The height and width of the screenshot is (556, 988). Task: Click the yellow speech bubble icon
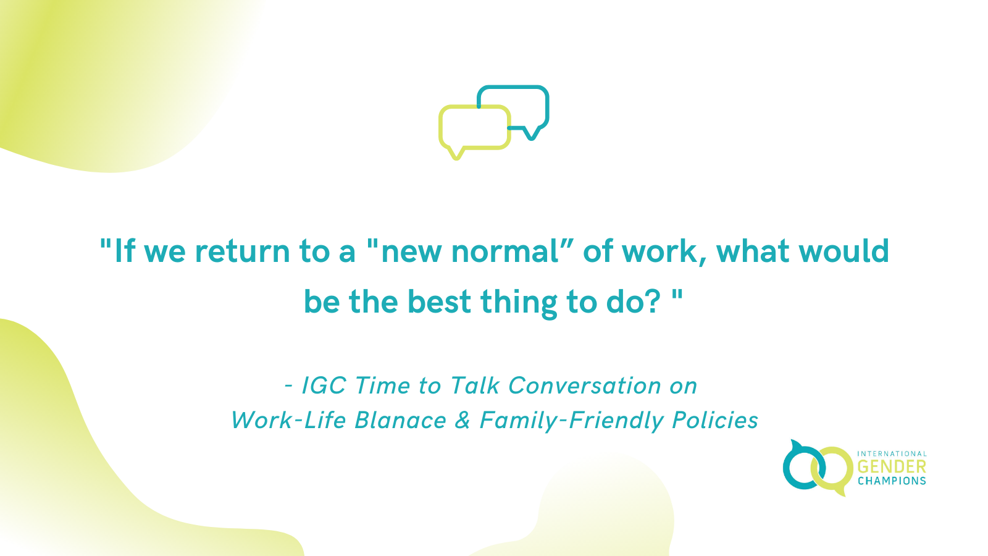(x=474, y=128)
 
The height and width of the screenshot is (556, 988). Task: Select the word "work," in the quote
(x=664, y=251)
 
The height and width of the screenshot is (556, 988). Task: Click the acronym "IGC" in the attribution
(x=324, y=385)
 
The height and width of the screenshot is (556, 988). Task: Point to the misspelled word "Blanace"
(x=401, y=421)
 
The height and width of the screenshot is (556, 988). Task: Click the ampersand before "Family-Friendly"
(x=463, y=421)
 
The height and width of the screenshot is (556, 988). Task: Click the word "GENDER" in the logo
(x=892, y=467)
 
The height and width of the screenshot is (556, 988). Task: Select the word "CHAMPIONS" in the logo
(x=892, y=481)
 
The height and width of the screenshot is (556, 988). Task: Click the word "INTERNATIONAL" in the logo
(x=892, y=454)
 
